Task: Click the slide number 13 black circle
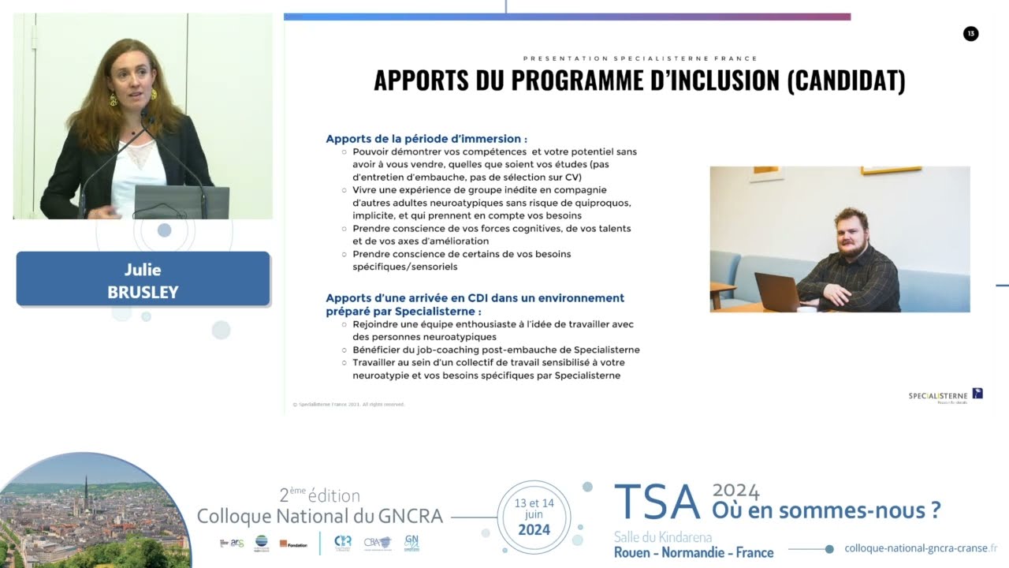970,33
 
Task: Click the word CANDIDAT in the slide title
846,80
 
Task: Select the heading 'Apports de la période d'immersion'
426,139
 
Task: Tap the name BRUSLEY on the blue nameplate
143,293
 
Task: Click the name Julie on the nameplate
143,270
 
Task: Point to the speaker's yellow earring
114,100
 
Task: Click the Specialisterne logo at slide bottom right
945,395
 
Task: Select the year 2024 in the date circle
534,529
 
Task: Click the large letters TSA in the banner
657,503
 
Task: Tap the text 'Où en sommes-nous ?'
826,510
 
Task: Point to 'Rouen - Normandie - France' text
694,552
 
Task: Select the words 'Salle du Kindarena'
663,536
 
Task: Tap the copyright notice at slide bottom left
348,404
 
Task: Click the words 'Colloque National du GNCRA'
319,516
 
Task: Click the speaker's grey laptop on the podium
181,203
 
